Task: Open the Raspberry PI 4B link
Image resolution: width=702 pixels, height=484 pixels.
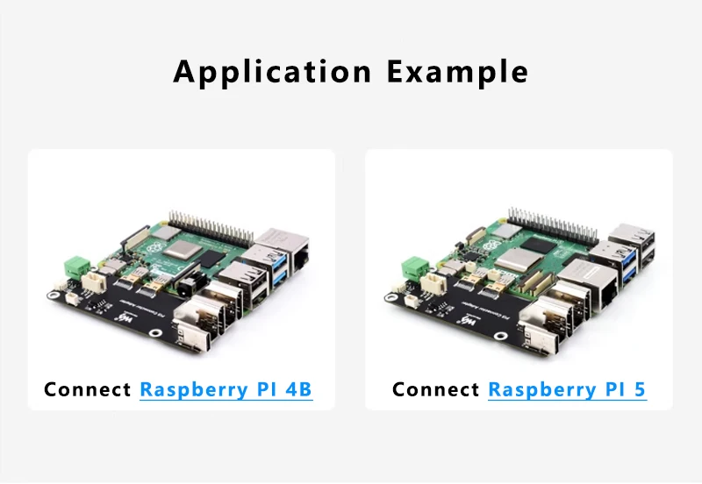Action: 226,389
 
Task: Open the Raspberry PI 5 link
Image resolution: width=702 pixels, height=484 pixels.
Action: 567,389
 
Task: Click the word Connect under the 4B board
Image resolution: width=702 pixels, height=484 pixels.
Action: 88,389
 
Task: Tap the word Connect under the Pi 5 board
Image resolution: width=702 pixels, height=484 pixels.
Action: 436,389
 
